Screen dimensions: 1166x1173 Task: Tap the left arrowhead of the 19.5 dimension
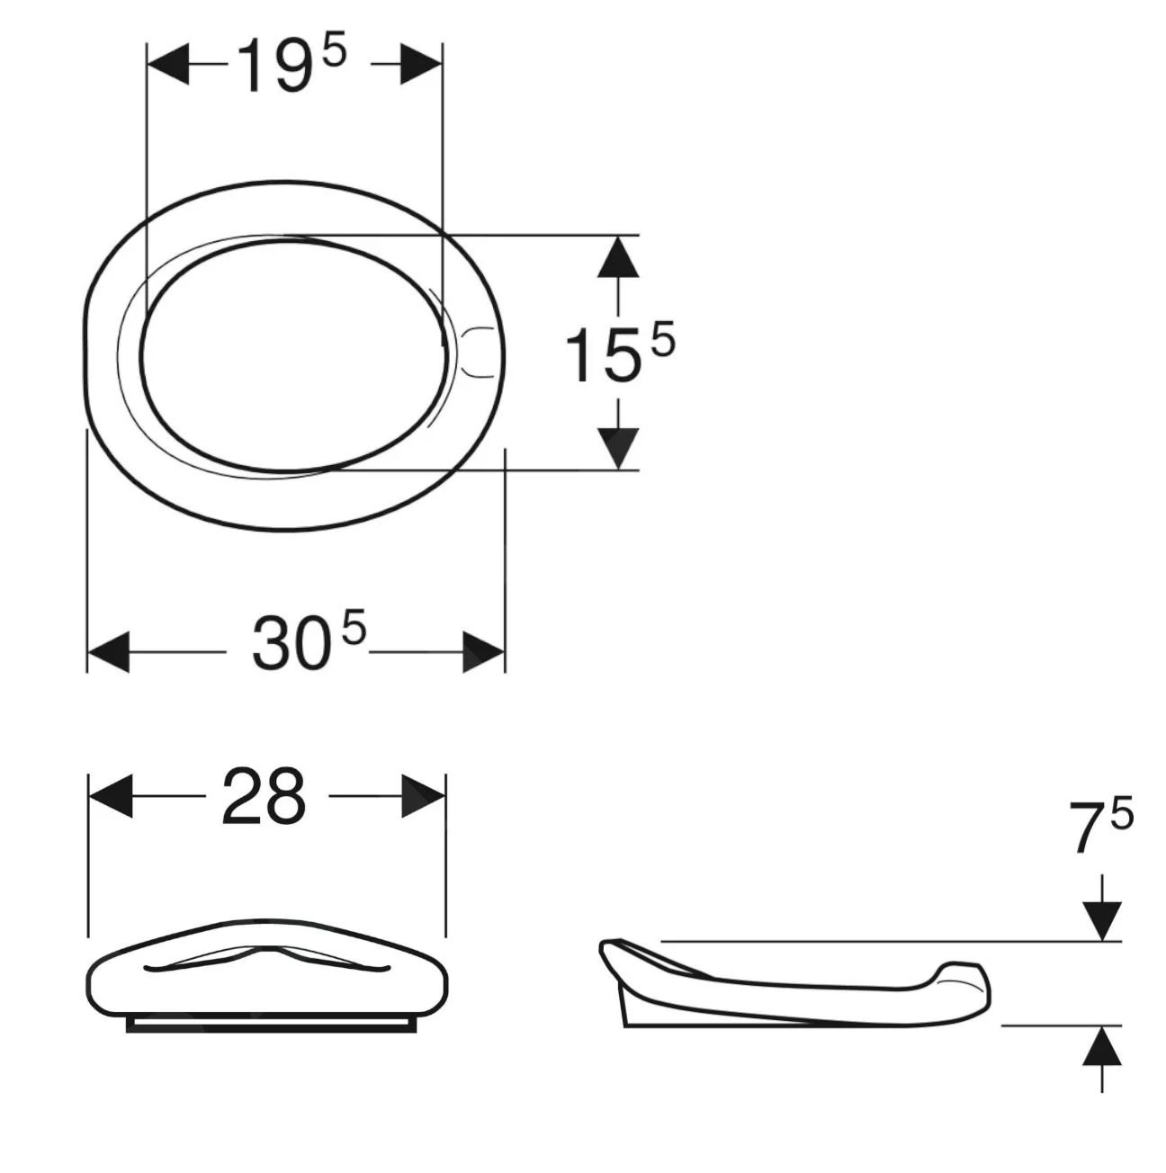click(167, 64)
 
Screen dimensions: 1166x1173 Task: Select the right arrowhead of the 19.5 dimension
click(421, 64)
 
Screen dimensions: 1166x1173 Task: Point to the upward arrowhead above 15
click(617, 257)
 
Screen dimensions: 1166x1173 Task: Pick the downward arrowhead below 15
click(617, 449)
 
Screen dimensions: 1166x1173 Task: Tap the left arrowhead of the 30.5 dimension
click(109, 652)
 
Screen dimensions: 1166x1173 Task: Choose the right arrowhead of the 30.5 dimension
click(483, 652)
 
